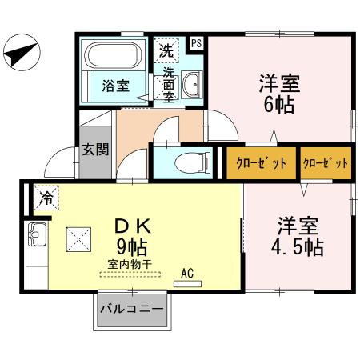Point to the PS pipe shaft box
[x=197, y=43]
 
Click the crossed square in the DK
[x=81, y=238]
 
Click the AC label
[x=188, y=272]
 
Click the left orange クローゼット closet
[x=262, y=163]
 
